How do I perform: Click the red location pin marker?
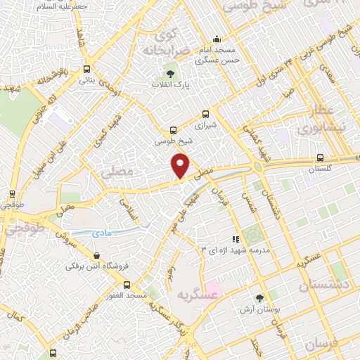181,165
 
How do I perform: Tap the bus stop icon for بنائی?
86,69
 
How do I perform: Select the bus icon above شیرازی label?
205,113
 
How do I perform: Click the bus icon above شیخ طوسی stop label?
173,129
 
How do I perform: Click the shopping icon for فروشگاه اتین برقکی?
96,255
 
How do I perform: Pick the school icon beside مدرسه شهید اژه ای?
236,239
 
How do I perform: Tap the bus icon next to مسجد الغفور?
127,285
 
